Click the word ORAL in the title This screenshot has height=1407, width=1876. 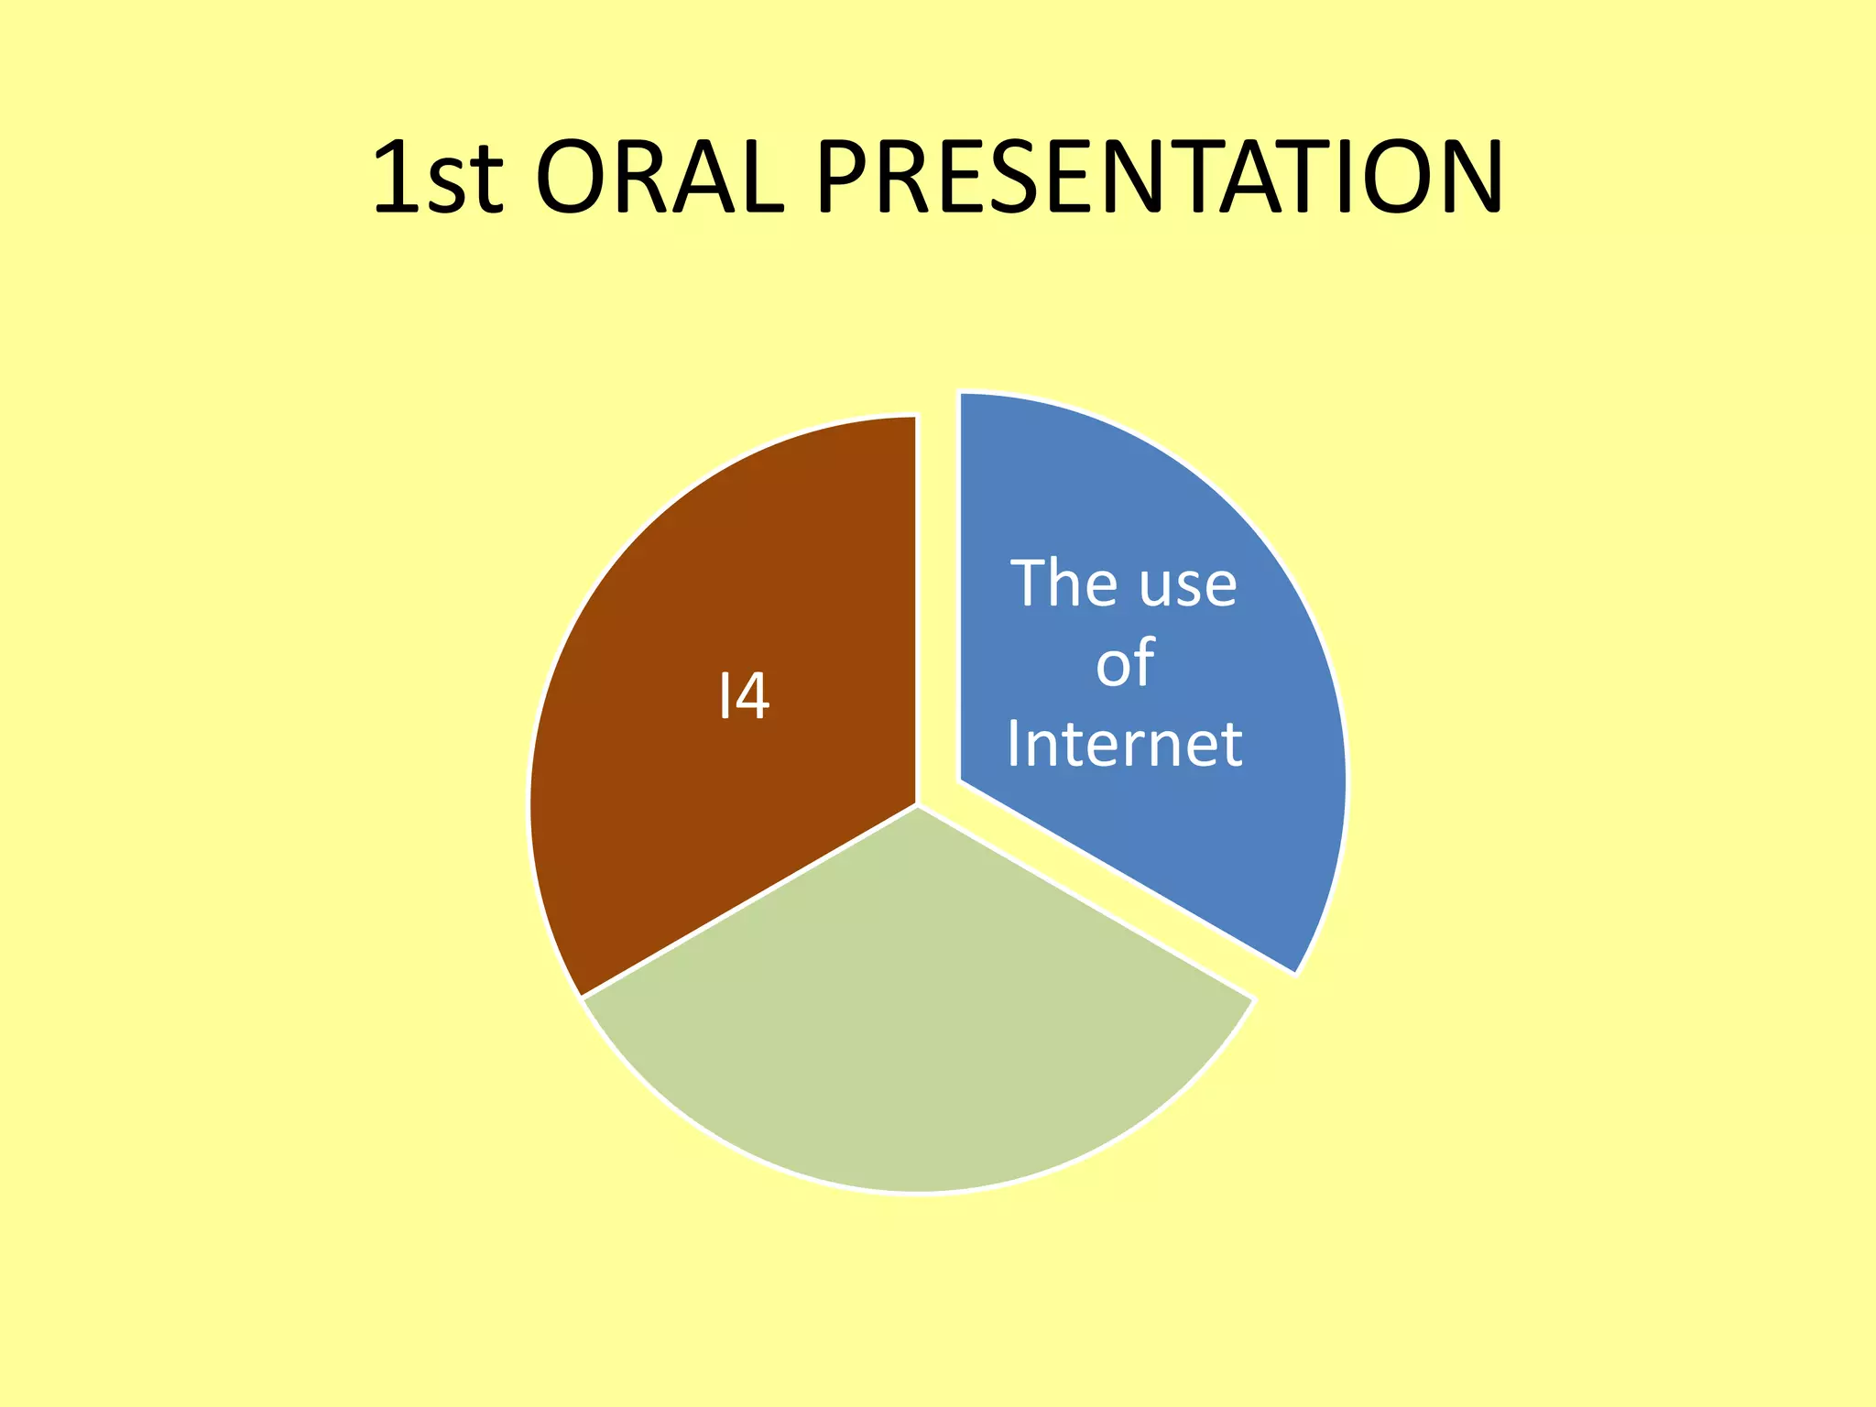(x=659, y=179)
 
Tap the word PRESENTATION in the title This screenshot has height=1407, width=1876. (x=1158, y=179)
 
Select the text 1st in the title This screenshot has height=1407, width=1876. (x=438, y=179)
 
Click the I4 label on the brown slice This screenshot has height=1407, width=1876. (x=743, y=697)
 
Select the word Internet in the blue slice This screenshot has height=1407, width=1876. (x=1124, y=743)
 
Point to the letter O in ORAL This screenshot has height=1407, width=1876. (x=570, y=179)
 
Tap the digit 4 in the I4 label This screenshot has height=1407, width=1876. (x=752, y=697)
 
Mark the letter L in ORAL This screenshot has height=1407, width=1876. (x=760, y=179)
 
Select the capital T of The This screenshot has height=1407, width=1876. (x=1029, y=584)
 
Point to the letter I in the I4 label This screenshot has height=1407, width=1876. (x=724, y=697)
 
